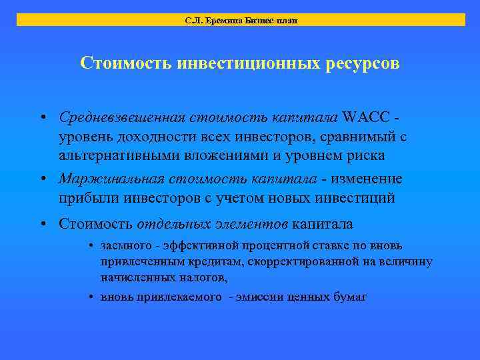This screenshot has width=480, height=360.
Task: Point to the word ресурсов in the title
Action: pyautogui.click(x=360, y=63)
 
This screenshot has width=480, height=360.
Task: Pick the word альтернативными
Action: pyautogui.click(x=119, y=157)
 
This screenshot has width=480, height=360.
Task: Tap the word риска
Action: pyautogui.click(x=366, y=157)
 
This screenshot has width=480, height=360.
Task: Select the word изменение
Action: pyautogui.click(x=364, y=179)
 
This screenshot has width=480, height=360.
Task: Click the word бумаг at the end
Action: pyautogui.click(x=350, y=297)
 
